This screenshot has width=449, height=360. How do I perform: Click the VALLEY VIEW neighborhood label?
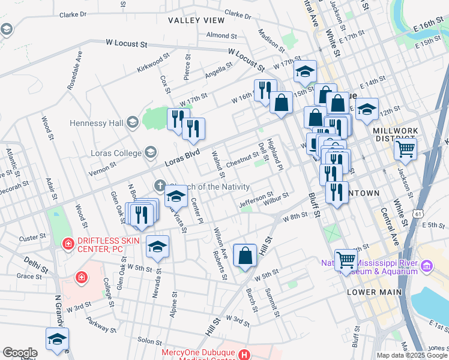(x=196, y=20)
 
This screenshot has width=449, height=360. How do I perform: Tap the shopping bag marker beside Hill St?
(x=245, y=256)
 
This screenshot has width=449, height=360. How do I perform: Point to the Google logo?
(x=20, y=353)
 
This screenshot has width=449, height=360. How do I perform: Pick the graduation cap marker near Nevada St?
(x=157, y=247)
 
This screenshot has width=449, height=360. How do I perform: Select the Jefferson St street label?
(x=256, y=197)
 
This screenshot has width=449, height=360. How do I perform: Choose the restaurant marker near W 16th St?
(x=265, y=91)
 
